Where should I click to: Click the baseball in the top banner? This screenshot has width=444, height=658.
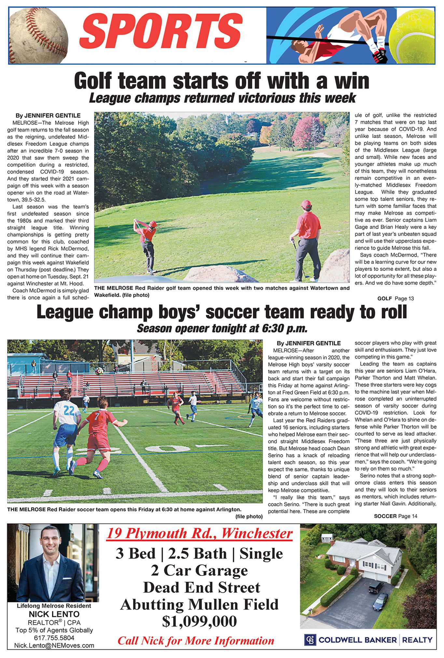tap(39, 35)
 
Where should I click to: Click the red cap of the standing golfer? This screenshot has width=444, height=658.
tap(306, 204)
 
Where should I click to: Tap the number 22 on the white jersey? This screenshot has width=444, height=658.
tap(69, 411)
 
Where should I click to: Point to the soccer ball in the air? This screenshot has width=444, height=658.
tap(99, 371)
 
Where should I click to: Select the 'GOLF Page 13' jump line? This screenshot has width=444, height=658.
tap(395, 298)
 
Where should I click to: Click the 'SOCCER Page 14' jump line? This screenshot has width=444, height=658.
tap(395, 516)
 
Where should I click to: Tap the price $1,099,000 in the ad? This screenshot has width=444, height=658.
tap(199, 621)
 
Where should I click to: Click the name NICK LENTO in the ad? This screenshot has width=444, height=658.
tap(54, 614)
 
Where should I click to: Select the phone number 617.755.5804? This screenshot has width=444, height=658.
tap(54, 637)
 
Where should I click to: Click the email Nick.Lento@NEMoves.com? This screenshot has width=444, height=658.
tap(54, 645)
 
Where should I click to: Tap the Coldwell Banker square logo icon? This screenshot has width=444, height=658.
tap(310, 639)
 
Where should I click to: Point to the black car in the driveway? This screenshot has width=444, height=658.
tap(376, 587)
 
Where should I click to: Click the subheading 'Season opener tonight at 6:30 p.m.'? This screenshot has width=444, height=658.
tap(222, 328)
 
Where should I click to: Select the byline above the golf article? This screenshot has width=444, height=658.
tap(48, 115)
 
